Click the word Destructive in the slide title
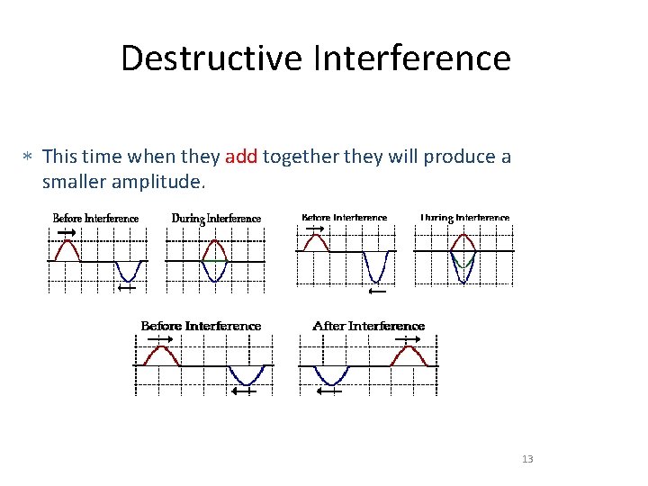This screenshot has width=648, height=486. (212, 58)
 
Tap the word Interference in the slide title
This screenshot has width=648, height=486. (412, 58)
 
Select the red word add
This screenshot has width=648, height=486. (241, 157)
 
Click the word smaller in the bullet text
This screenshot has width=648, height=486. (75, 182)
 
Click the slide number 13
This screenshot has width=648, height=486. (527, 459)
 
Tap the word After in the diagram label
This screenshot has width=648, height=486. (328, 326)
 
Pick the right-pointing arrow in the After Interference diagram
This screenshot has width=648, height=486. (406, 338)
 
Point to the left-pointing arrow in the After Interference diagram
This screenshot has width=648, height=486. (330, 391)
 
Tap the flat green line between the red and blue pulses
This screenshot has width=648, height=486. (214, 261)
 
